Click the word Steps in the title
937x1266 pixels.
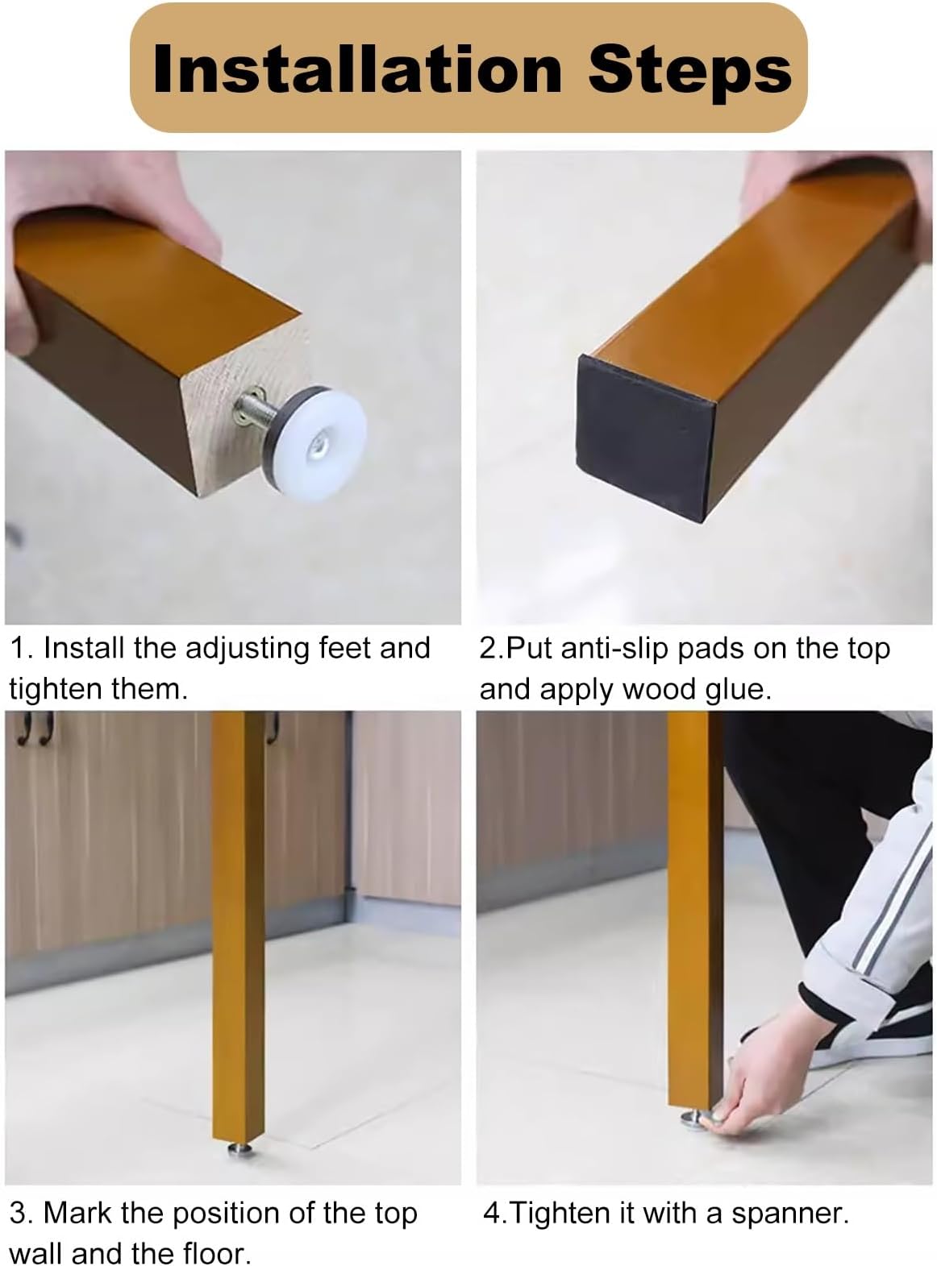tap(689, 68)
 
